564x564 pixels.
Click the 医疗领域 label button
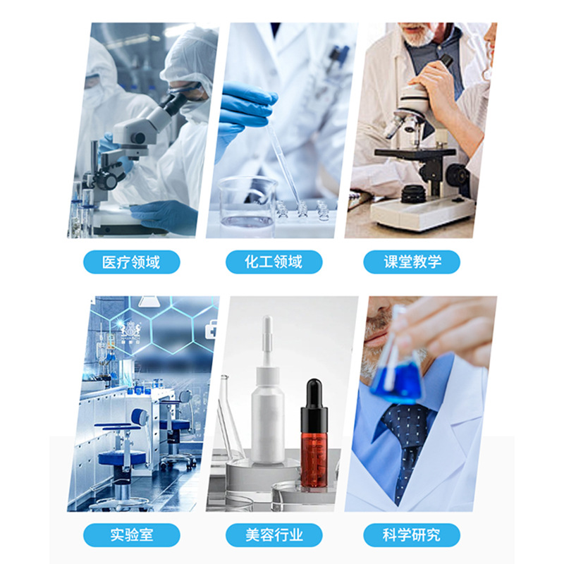tap(131, 262)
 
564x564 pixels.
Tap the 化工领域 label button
tap(274, 262)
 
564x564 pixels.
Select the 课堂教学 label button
tap(412, 262)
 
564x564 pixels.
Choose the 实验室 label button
tap(131, 534)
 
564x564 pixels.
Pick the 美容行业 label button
tap(274, 534)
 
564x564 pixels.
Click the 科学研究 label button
tap(412, 534)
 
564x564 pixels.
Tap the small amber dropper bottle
tap(315, 444)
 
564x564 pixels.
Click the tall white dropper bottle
tap(268, 416)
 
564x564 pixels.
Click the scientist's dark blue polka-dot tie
tap(405, 437)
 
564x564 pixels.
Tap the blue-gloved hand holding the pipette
tap(243, 106)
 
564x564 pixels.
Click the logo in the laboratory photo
tap(131, 330)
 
